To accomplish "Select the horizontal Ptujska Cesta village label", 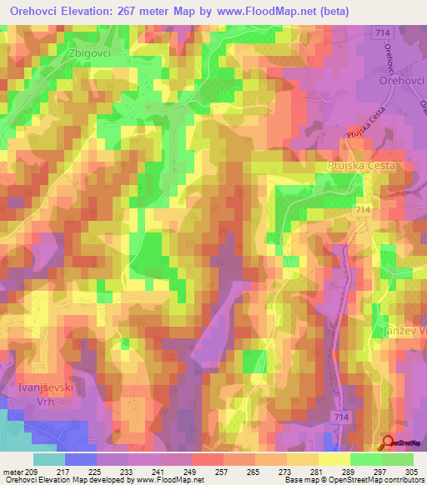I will [359, 166].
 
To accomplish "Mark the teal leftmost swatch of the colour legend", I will [48, 459].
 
